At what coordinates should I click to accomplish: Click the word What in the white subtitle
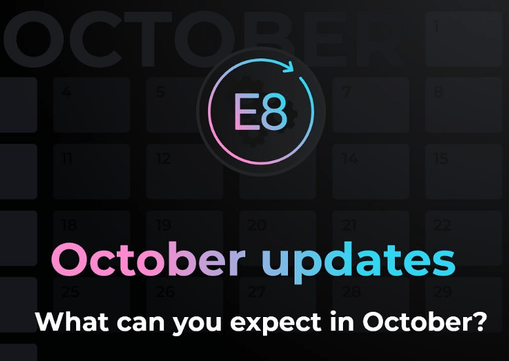click(x=69, y=322)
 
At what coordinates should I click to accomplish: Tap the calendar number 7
click(x=347, y=91)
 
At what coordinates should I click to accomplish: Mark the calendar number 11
click(x=68, y=158)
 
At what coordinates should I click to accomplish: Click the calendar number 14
click(x=350, y=158)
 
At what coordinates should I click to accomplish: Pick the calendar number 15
click(x=441, y=158)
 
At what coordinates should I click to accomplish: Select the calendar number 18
click(x=69, y=225)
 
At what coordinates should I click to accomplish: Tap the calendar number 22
click(x=443, y=225)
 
